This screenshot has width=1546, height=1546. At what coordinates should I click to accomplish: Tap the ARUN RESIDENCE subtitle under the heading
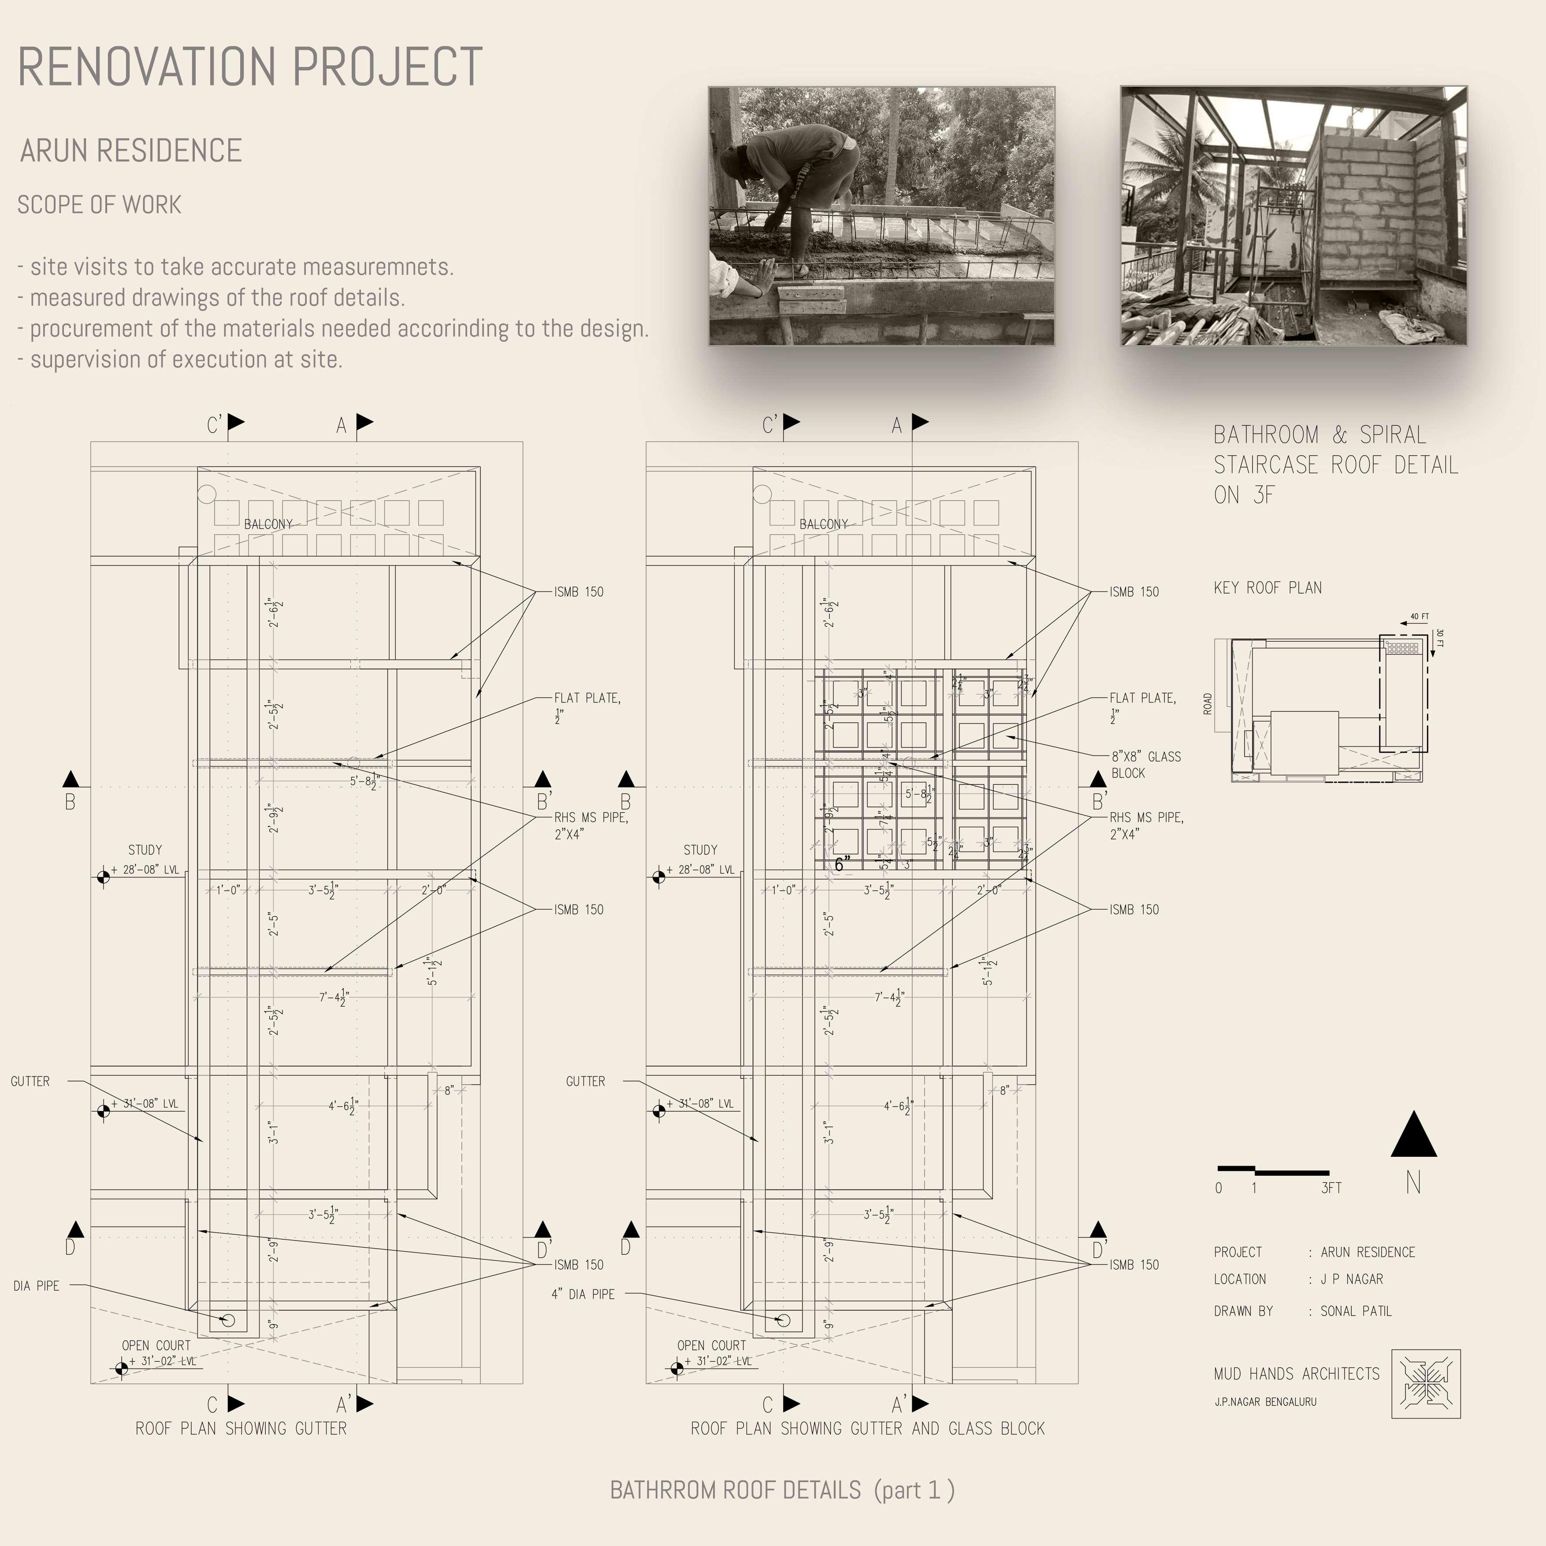[130, 150]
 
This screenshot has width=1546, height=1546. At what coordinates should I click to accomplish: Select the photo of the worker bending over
[881, 216]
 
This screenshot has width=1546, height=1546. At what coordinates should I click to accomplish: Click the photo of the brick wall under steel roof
[1293, 216]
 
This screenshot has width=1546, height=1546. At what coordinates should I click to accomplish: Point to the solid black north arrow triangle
[1413, 1136]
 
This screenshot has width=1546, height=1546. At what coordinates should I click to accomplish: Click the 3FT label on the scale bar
[1331, 1188]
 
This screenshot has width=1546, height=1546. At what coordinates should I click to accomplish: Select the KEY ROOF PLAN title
[1267, 588]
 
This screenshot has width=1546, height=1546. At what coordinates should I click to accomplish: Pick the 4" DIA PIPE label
[583, 1294]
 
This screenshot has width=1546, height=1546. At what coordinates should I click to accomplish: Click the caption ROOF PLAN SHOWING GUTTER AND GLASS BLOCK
[867, 1428]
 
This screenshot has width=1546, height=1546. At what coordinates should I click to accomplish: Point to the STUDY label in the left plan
[145, 850]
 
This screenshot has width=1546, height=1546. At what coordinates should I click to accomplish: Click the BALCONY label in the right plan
[823, 524]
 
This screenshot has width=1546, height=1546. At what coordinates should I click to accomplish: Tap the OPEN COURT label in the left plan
[156, 1345]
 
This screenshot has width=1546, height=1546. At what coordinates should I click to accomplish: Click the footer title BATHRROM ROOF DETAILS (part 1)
[782, 1490]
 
